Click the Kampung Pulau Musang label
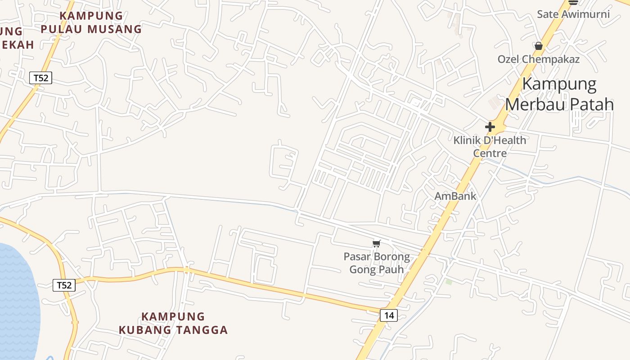(x=91, y=22)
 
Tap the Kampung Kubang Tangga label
(x=173, y=323)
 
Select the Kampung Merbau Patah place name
(x=559, y=94)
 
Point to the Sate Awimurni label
(x=573, y=14)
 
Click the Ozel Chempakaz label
(x=538, y=59)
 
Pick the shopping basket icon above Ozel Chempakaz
(x=538, y=46)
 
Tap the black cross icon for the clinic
(x=490, y=127)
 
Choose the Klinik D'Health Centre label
(x=490, y=147)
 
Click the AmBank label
(x=455, y=196)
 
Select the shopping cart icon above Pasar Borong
(x=377, y=243)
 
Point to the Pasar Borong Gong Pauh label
(x=377, y=263)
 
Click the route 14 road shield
(x=389, y=315)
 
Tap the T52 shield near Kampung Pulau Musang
(x=40, y=78)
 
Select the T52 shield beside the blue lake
(x=64, y=285)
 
